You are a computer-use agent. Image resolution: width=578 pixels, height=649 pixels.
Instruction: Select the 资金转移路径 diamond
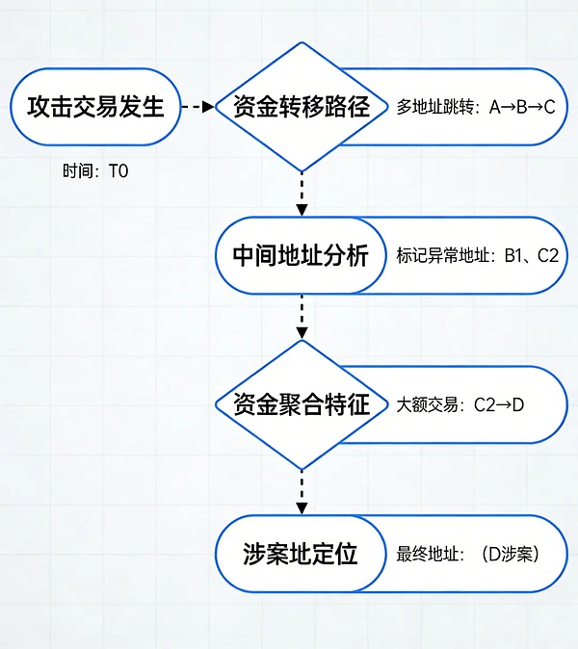[x=302, y=107]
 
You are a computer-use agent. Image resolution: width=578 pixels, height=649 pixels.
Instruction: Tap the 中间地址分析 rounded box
[x=301, y=256]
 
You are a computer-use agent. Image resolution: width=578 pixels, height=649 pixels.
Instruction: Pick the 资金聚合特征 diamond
[x=302, y=404]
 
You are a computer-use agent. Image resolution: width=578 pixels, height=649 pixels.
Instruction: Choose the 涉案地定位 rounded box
[x=301, y=554]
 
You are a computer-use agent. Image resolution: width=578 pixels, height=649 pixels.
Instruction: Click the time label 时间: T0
[x=95, y=171]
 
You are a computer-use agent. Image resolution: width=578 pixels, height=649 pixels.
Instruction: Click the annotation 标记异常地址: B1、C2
[x=478, y=256]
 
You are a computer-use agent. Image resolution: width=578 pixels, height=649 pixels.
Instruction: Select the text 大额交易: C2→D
[x=460, y=404]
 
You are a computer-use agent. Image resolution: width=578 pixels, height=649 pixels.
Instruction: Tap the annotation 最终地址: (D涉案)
[x=467, y=554]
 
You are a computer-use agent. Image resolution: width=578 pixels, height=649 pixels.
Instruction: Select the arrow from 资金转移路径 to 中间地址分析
[x=302, y=195]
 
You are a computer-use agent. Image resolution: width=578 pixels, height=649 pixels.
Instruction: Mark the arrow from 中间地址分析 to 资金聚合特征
[x=302, y=317]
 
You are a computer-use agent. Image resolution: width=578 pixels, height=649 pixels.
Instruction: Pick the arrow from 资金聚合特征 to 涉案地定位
[x=302, y=491]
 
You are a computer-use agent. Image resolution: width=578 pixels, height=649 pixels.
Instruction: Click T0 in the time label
[x=118, y=171]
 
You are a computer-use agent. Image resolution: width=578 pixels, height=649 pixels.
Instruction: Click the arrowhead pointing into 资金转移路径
[x=208, y=107]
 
